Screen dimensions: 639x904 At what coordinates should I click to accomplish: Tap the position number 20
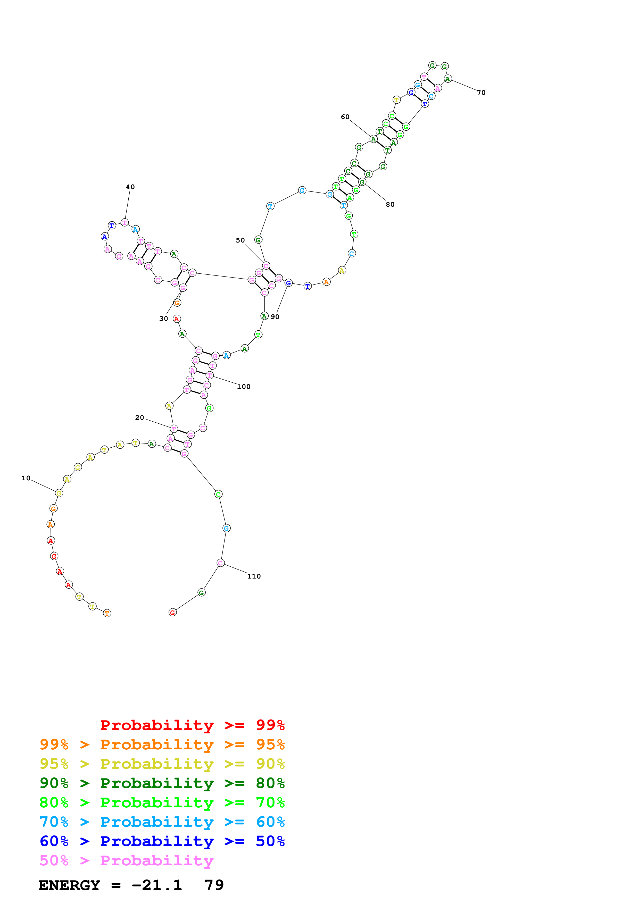coord(139,417)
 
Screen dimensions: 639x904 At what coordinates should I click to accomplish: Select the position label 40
coord(130,187)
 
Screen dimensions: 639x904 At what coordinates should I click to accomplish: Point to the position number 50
coord(240,240)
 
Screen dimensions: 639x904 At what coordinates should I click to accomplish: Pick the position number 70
coord(481,93)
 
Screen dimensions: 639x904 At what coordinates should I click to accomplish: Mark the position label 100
coord(243,387)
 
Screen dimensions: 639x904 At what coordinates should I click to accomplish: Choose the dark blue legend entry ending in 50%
coord(162,841)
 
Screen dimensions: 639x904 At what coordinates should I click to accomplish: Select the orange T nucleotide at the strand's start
coord(107,613)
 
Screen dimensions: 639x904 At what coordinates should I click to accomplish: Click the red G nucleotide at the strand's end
coord(172,612)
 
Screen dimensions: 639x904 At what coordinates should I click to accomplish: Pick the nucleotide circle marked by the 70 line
coord(448,79)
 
